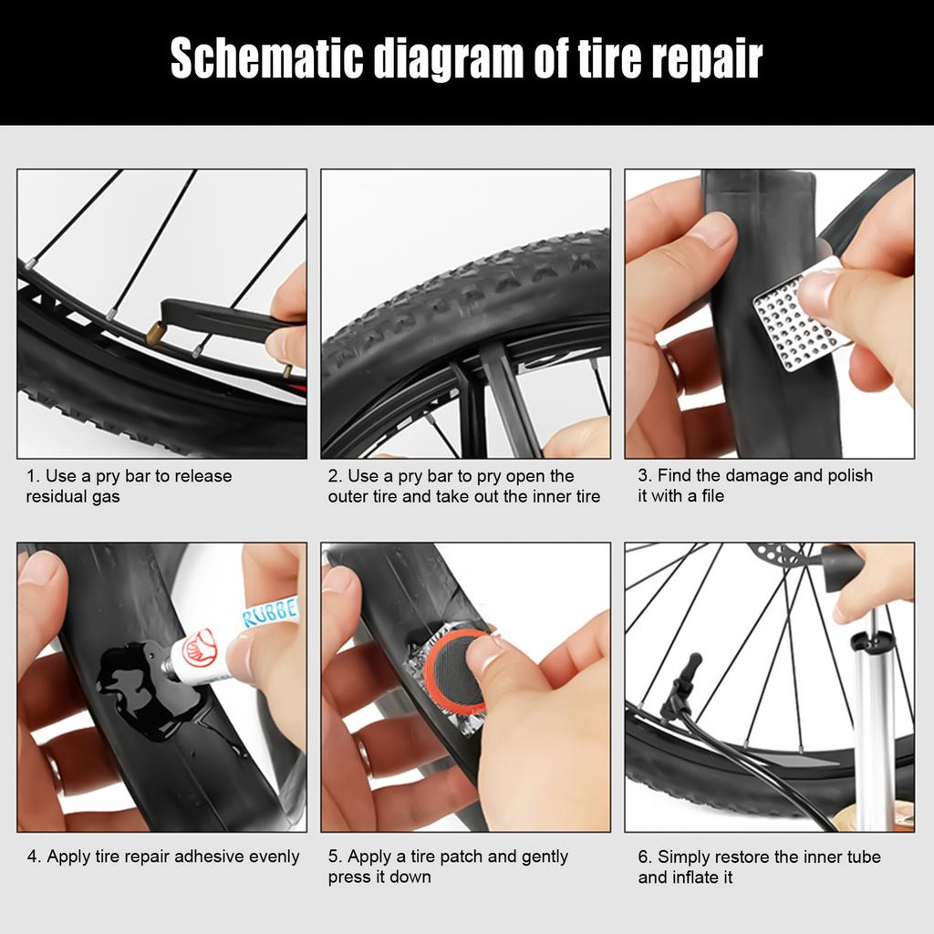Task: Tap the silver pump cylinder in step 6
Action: [873, 730]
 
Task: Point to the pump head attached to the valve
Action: [680, 693]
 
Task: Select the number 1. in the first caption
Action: [33, 476]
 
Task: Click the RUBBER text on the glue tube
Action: [272, 612]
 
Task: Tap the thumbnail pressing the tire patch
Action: [483, 650]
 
